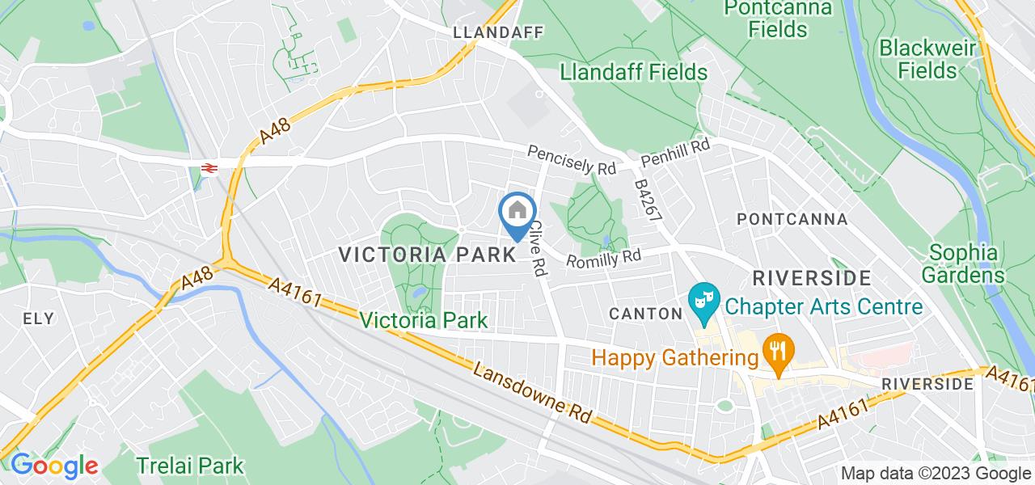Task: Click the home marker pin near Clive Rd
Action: pyautogui.click(x=517, y=213)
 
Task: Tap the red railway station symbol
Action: pyautogui.click(x=209, y=167)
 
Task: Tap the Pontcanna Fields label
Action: pyautogui.click(x=766, y=19)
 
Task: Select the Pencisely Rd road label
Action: pyautogui.click(x=572, y=159)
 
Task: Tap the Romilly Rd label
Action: pyautogui.click(x=603, y=259)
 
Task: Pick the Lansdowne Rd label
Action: pyautogui.click(x=534, y=392)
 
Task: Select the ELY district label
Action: pyautogui.click(x=39, y=318)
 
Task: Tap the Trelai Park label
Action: pyautogui.click(x=189, y=466)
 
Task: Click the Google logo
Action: pyautogui.click(x=54, y=466)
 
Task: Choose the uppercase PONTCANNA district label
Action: pyautogui.click(x=792, y=219)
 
